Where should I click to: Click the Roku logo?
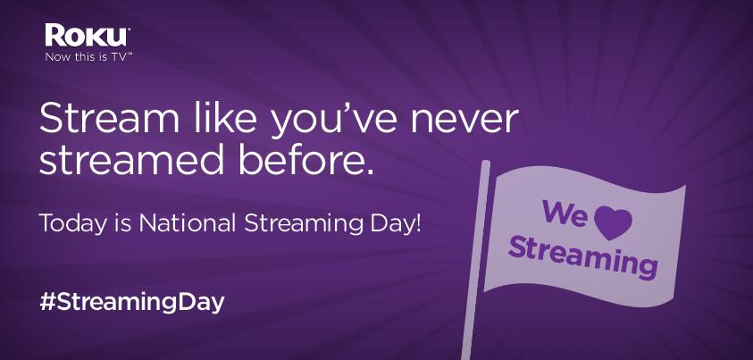click(88, 36)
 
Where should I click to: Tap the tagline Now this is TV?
click(88, 56)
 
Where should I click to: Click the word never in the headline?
click(472, 121)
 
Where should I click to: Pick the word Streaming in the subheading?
click(304, 222)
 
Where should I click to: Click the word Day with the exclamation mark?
click(398, 222)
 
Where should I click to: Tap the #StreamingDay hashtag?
click(131, 301)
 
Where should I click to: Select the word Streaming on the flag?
click(583, 254)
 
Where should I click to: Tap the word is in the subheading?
click(121, 221)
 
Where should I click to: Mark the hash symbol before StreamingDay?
click(49, 300)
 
